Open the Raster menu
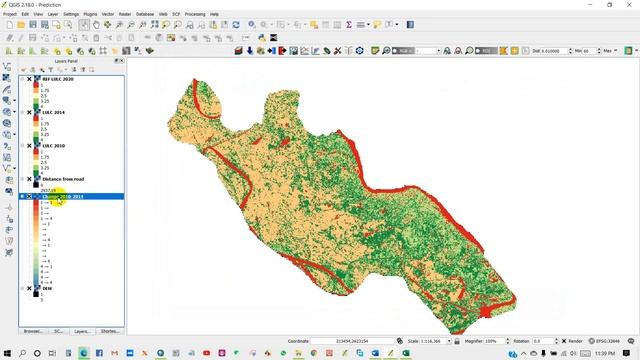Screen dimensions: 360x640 coord(125,14)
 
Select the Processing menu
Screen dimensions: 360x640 coord(194,14)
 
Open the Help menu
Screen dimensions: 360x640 coord(214,14)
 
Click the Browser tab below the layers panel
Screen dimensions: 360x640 coord(32,330)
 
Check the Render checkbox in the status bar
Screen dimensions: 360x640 coord(563,341)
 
